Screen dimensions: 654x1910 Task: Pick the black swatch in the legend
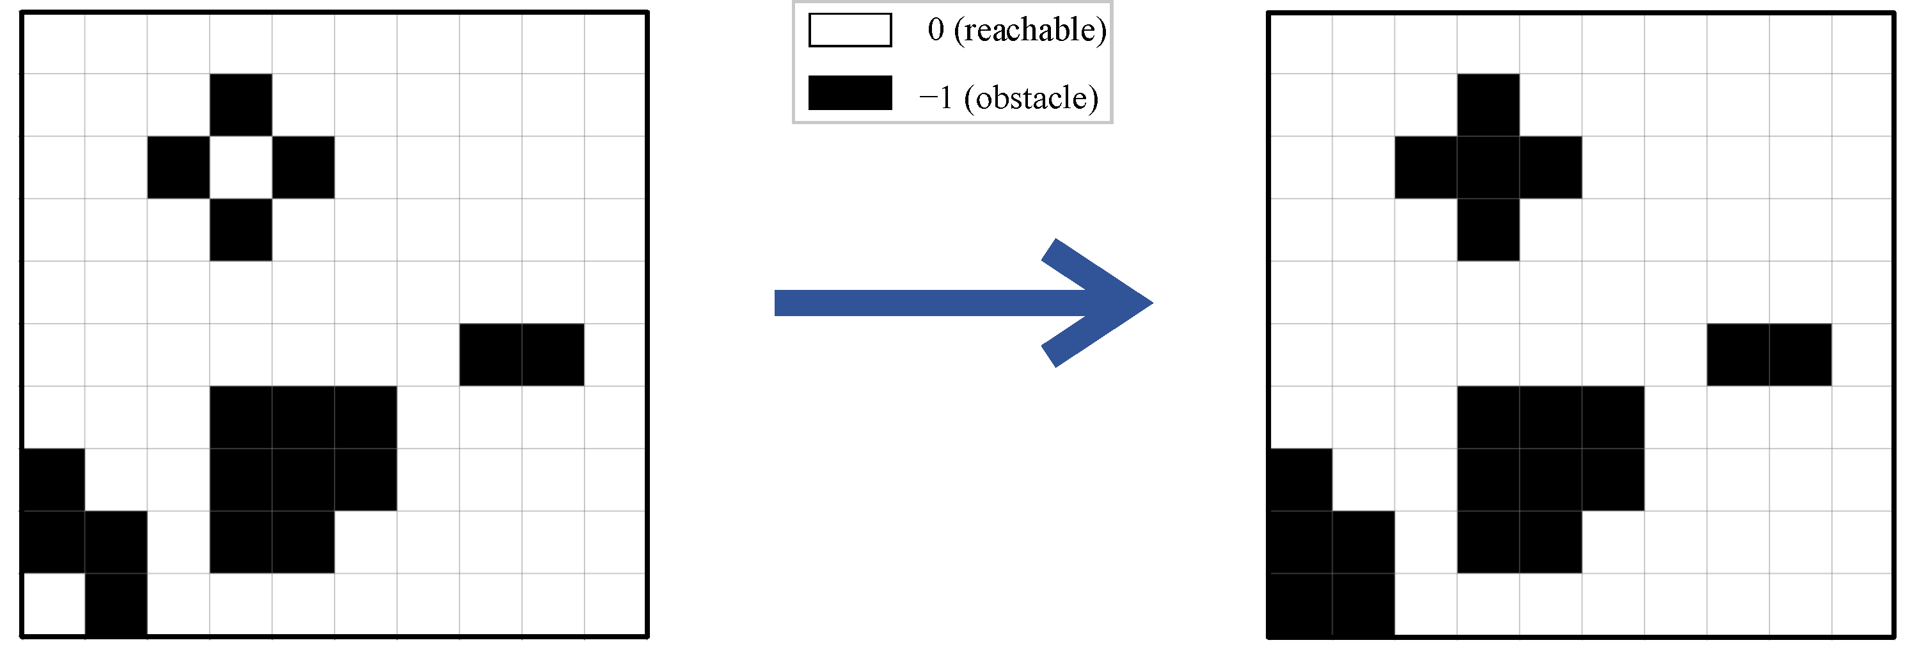tap(849, 93)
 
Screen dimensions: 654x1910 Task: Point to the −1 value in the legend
tap(936, 98)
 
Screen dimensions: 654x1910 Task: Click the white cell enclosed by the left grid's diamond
tap(241, 168)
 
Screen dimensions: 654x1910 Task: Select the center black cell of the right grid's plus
tap(1488, 168)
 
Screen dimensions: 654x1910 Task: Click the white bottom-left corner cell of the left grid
tap(53, 604)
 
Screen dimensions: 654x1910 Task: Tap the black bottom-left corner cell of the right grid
tap(1301, 604)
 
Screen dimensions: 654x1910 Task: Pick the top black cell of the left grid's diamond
tap(241, 104)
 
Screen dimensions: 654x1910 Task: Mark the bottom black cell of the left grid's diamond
tap(241, 230)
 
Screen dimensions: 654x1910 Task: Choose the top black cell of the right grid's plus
tap(1488, 104)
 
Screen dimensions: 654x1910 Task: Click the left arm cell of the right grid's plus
tap(1426, 168)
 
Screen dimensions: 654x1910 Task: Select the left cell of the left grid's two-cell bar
tap(491, 355)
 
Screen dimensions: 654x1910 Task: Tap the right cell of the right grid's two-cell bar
tap(1800, 355)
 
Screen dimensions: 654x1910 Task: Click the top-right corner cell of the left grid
tap(615, 43)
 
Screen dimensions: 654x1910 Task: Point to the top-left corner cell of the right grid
tap(1301, 43)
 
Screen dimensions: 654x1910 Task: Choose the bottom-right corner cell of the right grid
tap(1863, 604)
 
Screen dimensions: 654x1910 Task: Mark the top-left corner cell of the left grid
tap(53, 43)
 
